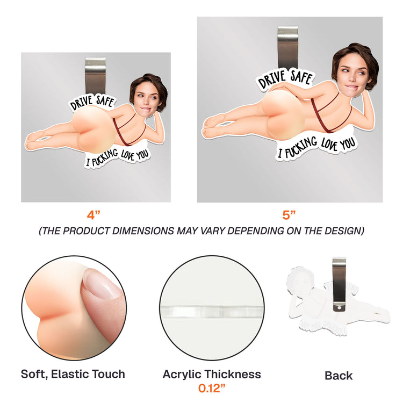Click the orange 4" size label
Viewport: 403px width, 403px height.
point(93,215)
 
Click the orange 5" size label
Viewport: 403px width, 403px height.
point(289,215)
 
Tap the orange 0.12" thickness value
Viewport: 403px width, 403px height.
point(212,388)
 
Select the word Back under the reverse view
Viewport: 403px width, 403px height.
point(339,376)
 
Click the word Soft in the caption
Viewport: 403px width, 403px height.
point(34,374)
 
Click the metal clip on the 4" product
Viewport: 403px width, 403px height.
point(95,76)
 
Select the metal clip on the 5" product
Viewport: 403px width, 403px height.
point(288,47)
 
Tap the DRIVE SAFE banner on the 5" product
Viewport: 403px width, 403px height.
point(285,79)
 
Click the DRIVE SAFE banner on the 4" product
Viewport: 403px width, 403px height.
point(92,102)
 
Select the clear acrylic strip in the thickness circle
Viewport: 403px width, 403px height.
point(212,312)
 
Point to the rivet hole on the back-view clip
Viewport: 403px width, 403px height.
point(339,307)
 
